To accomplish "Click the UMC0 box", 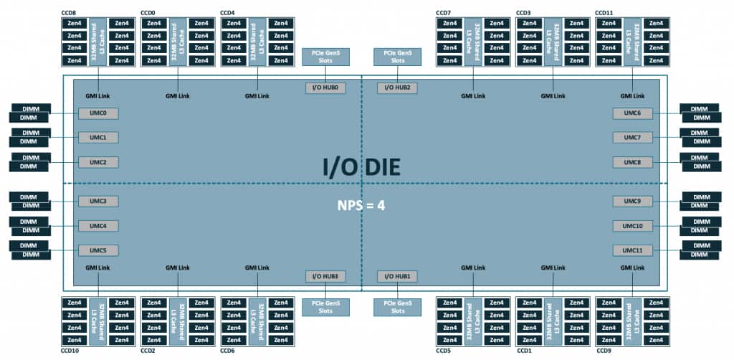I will click(98, 113).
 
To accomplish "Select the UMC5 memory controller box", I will click(98, 250).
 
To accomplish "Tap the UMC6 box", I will click(632, 113).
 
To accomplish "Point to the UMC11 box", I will click(632, 250).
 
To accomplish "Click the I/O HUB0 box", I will click(325, 87).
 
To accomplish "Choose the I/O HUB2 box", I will click(397, 87).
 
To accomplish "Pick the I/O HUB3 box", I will click(325, 276).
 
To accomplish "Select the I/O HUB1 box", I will click(397, 276).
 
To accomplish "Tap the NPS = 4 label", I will click(361, 205).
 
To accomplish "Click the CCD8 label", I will click(69, 12).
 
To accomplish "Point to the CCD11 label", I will click(604, 12).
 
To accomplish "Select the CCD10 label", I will click(70, 351).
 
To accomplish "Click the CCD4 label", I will click(228, 12).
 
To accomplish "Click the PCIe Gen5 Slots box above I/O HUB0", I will click(325, 57).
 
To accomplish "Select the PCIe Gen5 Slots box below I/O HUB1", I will click(397, 307).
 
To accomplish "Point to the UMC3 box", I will click(98, 201).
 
